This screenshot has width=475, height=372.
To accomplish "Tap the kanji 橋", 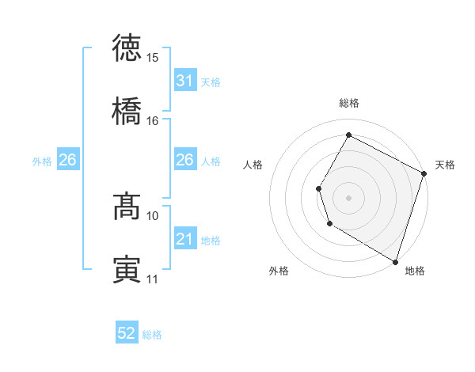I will (127, 111).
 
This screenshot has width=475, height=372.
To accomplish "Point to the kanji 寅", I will (127, 269).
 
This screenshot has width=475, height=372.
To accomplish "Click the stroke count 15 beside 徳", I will (153, 58).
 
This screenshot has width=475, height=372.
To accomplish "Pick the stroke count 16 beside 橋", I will (153, 121).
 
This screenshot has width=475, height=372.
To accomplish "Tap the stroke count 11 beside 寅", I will (153, 279).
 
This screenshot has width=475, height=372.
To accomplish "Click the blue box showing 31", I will (184, 81).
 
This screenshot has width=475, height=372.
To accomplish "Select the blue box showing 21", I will (184, 239).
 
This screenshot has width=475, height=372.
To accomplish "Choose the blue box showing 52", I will (127, 334).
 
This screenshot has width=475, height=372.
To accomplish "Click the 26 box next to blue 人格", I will (184, 160).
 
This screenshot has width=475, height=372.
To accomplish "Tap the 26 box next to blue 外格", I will (67, 160).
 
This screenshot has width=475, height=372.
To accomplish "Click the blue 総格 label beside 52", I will (152, 335).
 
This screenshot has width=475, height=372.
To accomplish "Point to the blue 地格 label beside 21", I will (211, 240).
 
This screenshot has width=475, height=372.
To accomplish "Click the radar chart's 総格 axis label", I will (349, 103).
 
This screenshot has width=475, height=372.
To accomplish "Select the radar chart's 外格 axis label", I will (279, 271).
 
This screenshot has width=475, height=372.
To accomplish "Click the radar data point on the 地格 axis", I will (395, 260).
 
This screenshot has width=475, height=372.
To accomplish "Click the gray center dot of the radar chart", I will (349, 197).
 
